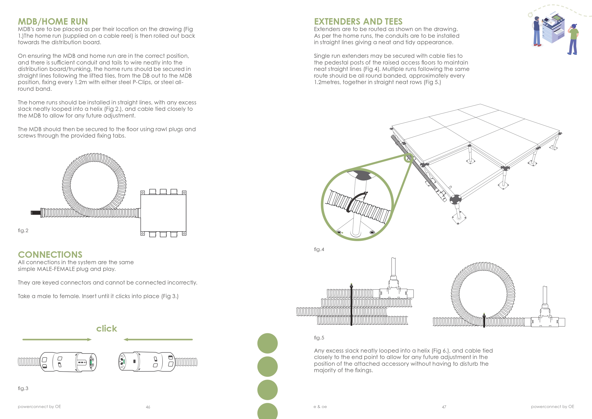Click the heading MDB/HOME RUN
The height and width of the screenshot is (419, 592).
(53, 21)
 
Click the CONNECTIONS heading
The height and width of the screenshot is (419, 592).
(50, 255)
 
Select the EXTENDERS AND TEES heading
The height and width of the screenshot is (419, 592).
(358, 21)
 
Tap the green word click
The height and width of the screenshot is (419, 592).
(106, 328)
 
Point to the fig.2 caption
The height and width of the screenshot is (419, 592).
(23, 231)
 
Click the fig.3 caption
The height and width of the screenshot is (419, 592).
(23, 388)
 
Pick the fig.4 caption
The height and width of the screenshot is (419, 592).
(319, 249)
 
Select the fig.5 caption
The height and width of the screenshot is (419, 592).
(319, 338)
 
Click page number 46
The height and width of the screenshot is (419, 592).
(148, 407)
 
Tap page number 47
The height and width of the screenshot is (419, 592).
(444, 407)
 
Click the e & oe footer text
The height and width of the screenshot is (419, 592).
(320, 407)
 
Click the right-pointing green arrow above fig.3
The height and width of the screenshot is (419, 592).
(57, 339)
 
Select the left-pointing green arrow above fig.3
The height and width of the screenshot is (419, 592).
(158, 339)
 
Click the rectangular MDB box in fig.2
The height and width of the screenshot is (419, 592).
(163, 213)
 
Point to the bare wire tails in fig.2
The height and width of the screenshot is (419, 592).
(35, 213)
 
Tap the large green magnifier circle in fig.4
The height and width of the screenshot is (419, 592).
(357, 204)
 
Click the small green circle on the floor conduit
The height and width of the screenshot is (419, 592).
(409, 157)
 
